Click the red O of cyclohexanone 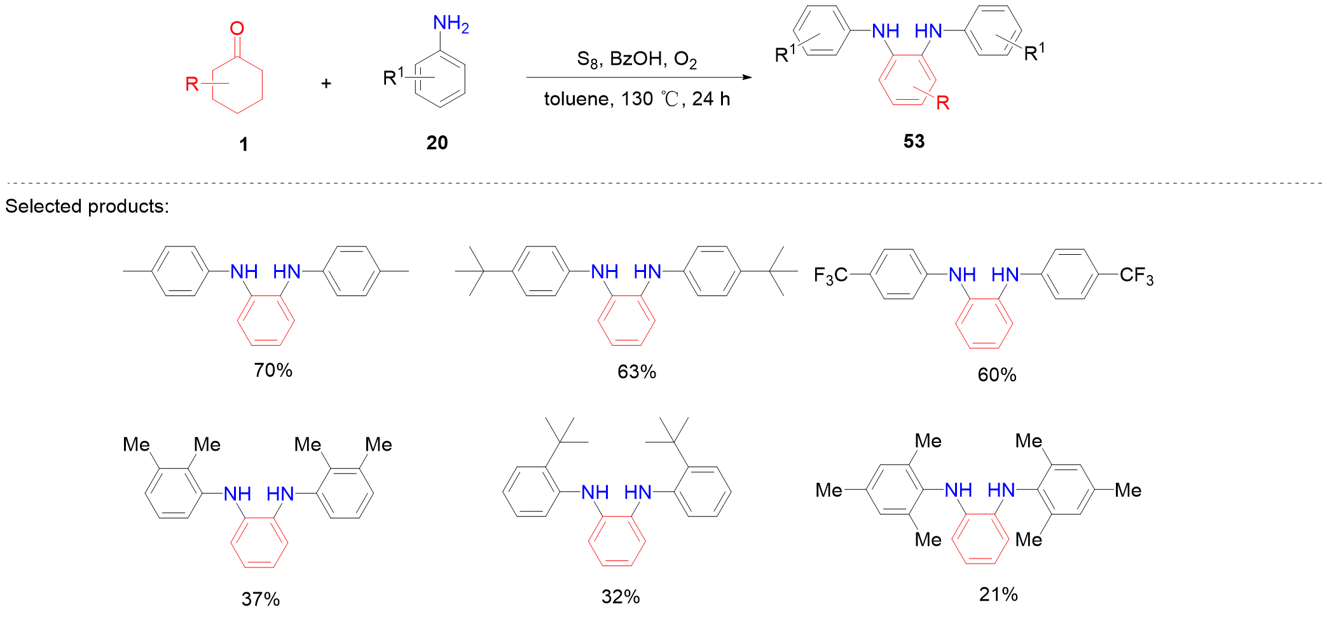237,29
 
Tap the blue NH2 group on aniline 450,24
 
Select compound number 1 244,145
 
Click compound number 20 437,143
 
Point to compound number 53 914,141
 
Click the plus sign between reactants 326,83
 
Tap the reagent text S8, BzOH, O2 636,59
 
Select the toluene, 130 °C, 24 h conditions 636,99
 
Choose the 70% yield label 273,370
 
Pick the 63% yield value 636,372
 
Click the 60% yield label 996,375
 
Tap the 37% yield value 261,599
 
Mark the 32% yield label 621,597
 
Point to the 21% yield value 998,595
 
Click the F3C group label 830,276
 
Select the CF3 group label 1136,276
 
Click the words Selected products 87,207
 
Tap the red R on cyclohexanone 192,84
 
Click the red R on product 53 943,102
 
